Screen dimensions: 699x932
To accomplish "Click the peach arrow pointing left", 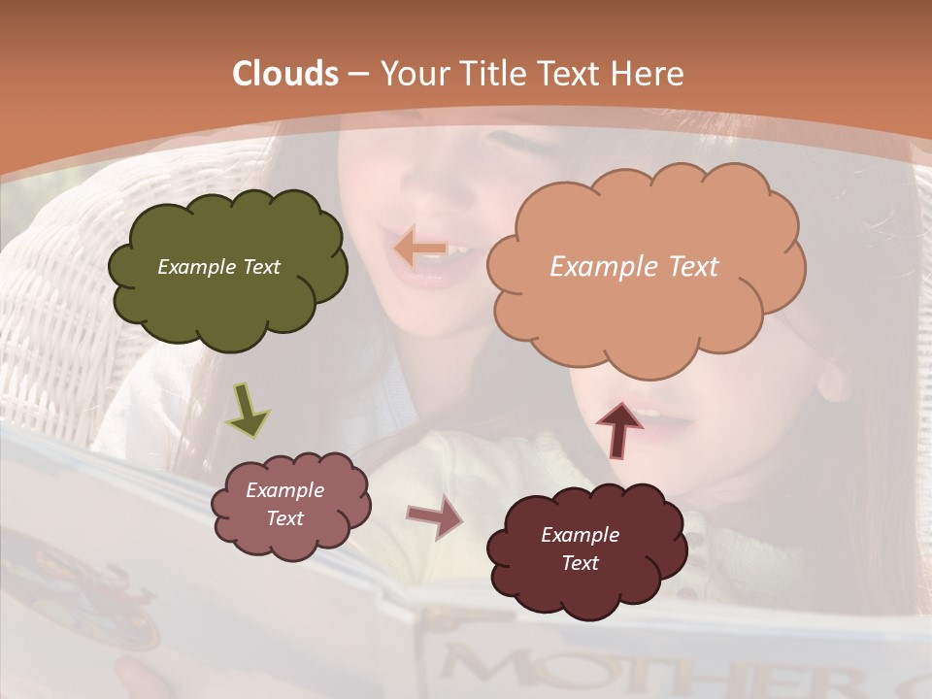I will (419, 250).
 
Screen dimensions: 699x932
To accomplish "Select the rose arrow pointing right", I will (434, 517).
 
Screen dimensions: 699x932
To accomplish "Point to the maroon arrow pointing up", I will (618, 428).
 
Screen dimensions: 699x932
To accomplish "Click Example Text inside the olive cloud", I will (218, 267).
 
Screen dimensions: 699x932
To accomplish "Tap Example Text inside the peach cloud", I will (634, 267).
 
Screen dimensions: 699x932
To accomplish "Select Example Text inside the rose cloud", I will (284, 505).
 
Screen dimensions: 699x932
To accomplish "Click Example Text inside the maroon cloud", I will (580, 549).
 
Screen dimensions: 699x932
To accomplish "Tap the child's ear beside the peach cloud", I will (832, 379).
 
